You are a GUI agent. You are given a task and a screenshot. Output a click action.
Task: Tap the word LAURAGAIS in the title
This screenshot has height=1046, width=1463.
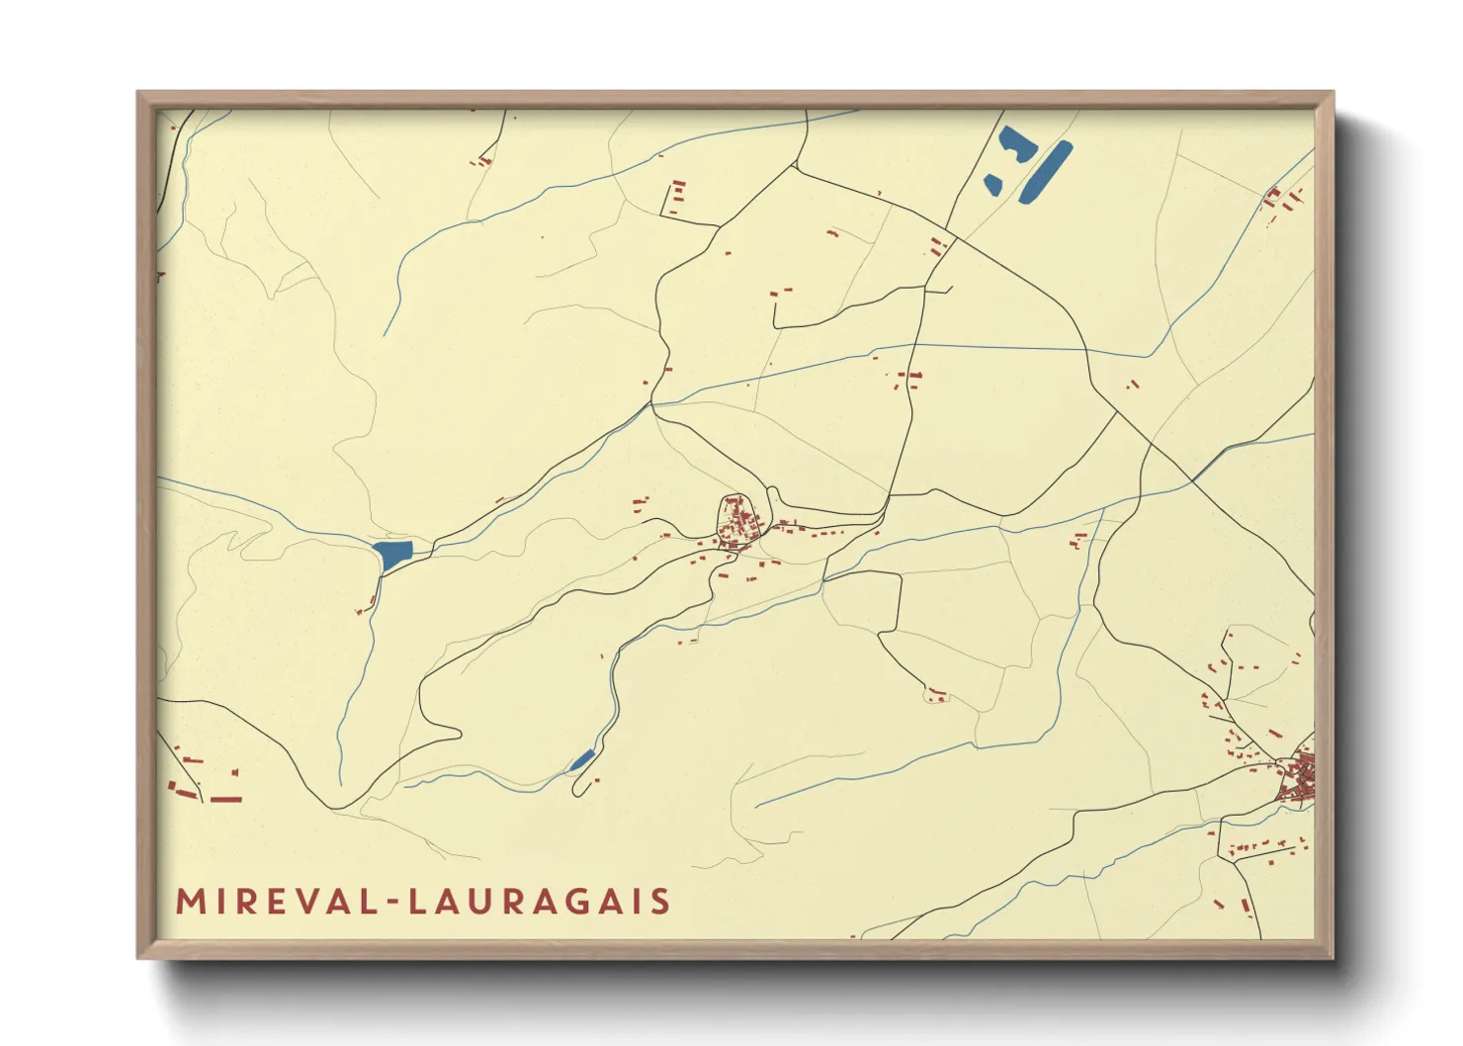pos(540,902)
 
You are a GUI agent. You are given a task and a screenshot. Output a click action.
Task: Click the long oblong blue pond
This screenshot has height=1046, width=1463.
pos(1045,172)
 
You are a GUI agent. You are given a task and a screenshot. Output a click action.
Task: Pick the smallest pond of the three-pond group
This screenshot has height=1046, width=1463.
pos(992,183)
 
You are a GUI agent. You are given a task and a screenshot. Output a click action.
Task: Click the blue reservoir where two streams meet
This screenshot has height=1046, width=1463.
pos(392,554)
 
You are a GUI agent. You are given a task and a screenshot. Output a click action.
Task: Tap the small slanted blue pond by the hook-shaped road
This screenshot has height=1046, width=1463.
pos(581,759)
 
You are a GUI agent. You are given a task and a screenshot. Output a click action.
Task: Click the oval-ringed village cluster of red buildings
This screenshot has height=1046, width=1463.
pos(737,520)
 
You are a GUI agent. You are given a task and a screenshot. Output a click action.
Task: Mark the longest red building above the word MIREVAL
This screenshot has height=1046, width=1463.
pos(226,799)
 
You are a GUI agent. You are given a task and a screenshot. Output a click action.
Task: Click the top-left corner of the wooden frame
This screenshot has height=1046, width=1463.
pos(138,93)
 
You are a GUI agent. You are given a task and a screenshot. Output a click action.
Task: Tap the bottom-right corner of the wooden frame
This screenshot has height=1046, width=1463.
pos(1333,957)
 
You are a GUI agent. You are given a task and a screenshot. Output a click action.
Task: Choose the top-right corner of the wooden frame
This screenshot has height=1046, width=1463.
pos(1333,93)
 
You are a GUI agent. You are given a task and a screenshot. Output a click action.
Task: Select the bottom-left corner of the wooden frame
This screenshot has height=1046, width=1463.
pos(138,957)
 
